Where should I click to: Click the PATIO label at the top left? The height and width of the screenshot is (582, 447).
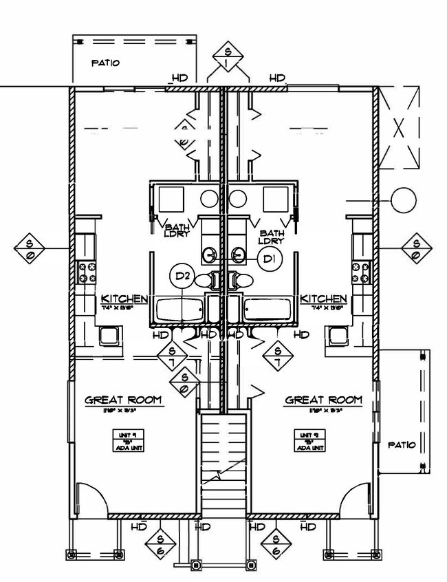[106, 63]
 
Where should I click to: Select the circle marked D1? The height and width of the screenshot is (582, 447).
[269, 259]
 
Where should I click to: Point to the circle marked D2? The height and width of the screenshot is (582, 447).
[182, 277]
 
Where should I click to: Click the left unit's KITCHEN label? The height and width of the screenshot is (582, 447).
[124, 299]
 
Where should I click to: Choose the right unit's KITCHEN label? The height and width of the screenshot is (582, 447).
[323, 299]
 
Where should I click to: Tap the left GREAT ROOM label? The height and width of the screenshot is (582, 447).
[123, 400]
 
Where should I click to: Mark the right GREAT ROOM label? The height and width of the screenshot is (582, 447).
[323, 400]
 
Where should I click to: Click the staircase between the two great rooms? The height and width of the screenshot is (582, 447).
[223, 461]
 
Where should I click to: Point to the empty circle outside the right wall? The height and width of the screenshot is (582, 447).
[404, 200]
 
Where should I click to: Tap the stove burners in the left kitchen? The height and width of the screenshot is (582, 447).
[87, 272]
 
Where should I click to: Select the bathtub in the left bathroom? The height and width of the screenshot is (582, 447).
[179, 310]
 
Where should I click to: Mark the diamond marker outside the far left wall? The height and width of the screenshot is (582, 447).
[32, 248]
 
